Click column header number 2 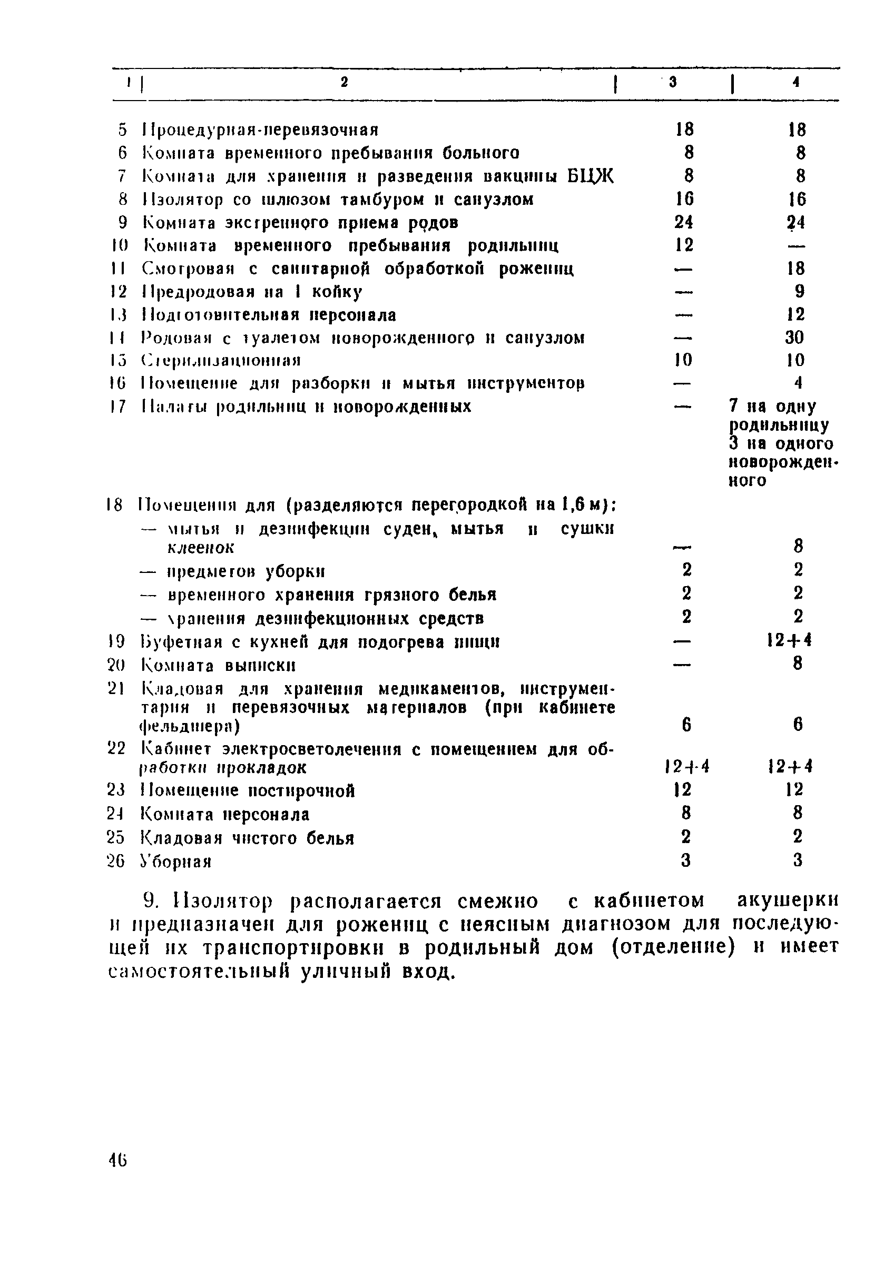coord(344,83)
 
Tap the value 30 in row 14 coord(795,337)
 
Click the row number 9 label coord(122,223)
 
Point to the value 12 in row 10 coord(685,245)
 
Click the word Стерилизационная coord(221,361)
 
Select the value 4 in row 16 coord(798,383)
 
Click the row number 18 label coord(115,505)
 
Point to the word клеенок coord(201,548)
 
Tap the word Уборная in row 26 coord(176,862)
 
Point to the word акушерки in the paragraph coord(788,901)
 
